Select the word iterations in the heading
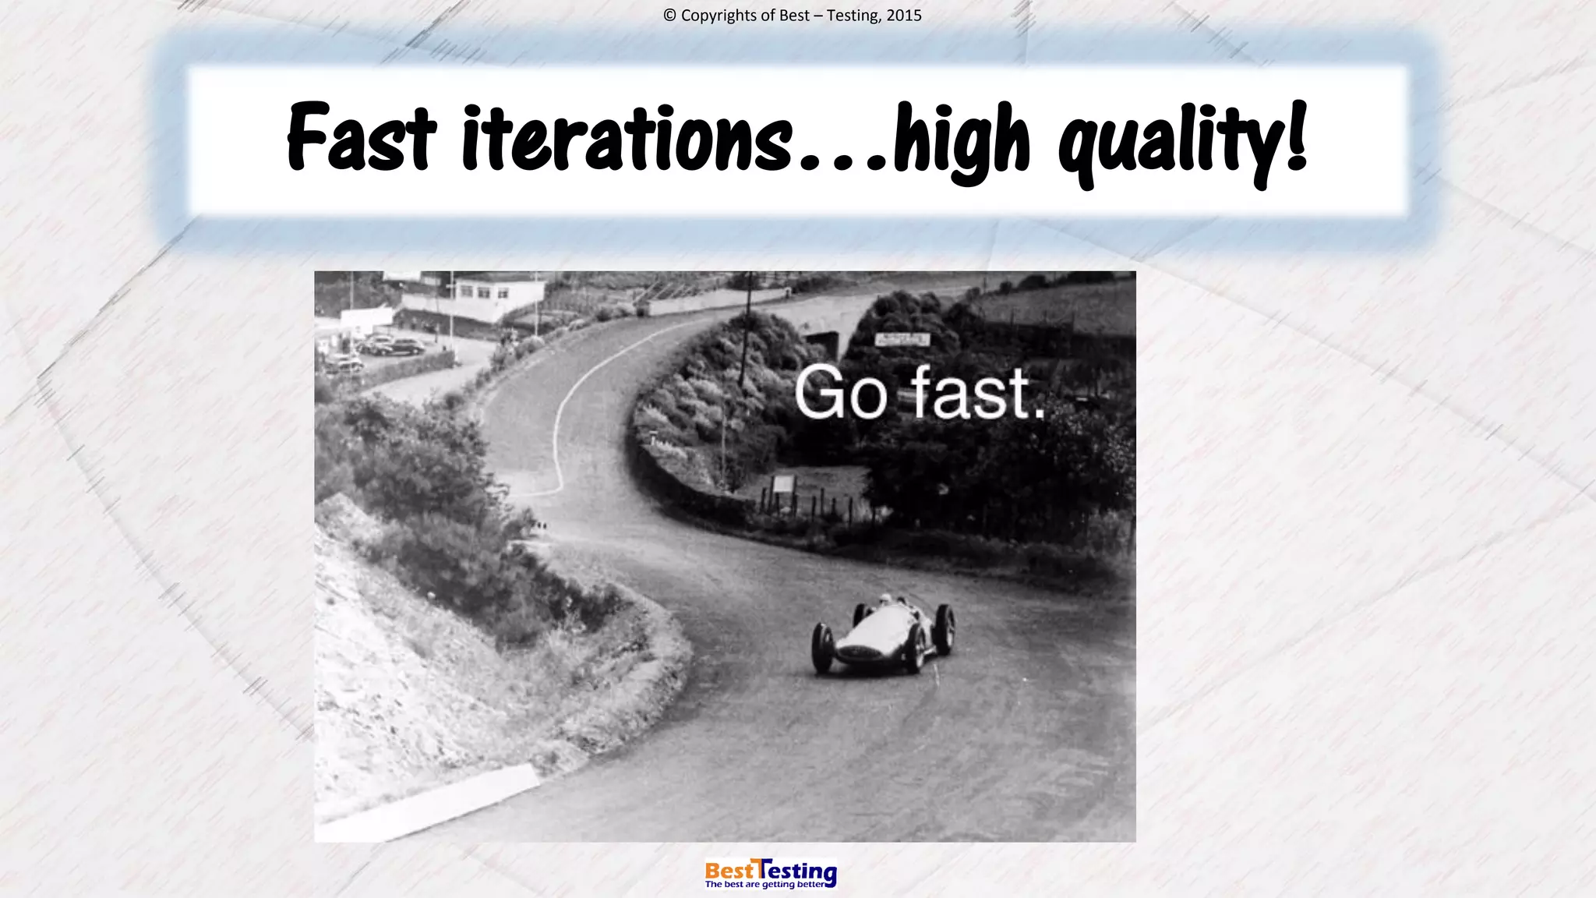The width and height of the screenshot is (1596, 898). (626, 138)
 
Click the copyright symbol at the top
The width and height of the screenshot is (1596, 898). (669, 16)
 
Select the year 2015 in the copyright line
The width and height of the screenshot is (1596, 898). (904, 16)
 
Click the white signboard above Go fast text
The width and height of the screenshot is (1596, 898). (902, 339)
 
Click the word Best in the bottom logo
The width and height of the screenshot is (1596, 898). (729, 870)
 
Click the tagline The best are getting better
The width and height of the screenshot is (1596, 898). (764, 885)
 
